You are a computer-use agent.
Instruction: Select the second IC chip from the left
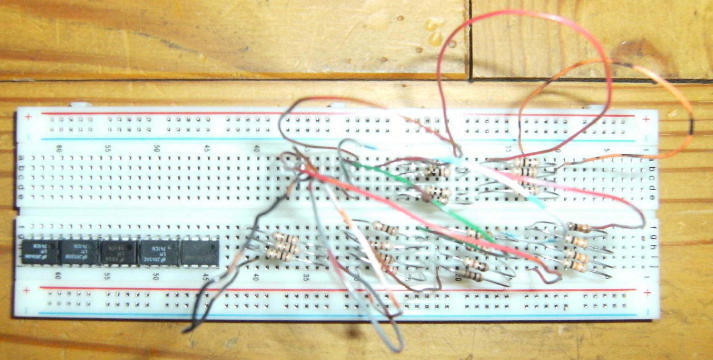click(79, 253)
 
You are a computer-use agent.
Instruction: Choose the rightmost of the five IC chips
click(200, 253)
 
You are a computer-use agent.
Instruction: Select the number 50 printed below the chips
click(156, 277)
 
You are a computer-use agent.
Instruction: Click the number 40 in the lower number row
click(256, 277)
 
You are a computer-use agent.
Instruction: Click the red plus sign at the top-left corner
click(29, 118)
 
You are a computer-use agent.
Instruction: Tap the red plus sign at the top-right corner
click(646, 119)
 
